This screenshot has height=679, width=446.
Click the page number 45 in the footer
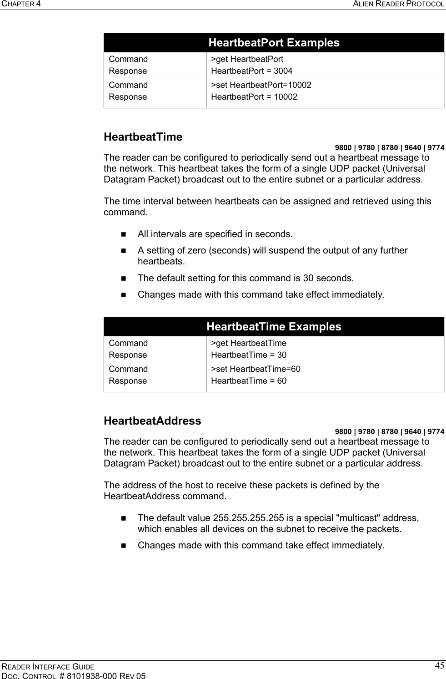tap(439, 666)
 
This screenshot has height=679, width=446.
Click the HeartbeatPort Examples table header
tap(274, 43)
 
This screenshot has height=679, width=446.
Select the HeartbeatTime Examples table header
tap(274, 327)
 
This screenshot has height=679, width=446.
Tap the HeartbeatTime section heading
tap(143, 137)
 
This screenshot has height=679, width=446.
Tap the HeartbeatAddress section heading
tap(152, 421)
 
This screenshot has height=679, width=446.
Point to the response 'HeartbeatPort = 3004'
tap(252, 71)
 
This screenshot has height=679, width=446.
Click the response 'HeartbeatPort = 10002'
tap(254, 97)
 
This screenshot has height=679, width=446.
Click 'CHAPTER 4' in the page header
tap(20, 4)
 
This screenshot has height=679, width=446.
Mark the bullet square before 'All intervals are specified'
tap(124, 235)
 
